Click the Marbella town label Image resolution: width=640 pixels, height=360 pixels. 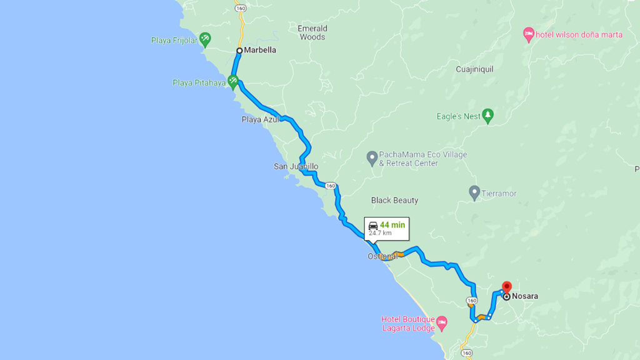pos(261,51)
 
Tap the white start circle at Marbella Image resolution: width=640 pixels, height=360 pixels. pos(239,51)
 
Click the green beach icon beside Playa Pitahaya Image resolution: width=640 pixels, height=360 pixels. pos(233,80)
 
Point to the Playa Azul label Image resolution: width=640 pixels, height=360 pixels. pos(260,119)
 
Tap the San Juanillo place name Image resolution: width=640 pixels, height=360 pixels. pos(296,167)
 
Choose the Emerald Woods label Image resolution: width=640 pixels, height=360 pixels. pos(312,32)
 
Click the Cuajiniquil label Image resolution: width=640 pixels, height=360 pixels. pos(474,69)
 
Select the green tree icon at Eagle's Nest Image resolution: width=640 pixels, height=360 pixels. pos(488,116)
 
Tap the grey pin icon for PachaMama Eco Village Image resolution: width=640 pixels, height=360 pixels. pos(372,156)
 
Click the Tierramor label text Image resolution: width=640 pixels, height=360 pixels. pos(499,194)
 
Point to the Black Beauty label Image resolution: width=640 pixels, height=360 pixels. pos(394,201)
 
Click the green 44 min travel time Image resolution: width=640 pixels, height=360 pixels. pos(392,225)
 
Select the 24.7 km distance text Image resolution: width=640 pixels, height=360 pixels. pos(380,233)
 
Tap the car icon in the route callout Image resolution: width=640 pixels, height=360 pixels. pos(373,225)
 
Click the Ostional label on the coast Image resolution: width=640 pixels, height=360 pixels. pos(381,256)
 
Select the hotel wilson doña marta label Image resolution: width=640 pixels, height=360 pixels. pos(579,35)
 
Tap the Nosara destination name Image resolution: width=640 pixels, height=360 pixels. pos(525,297)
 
